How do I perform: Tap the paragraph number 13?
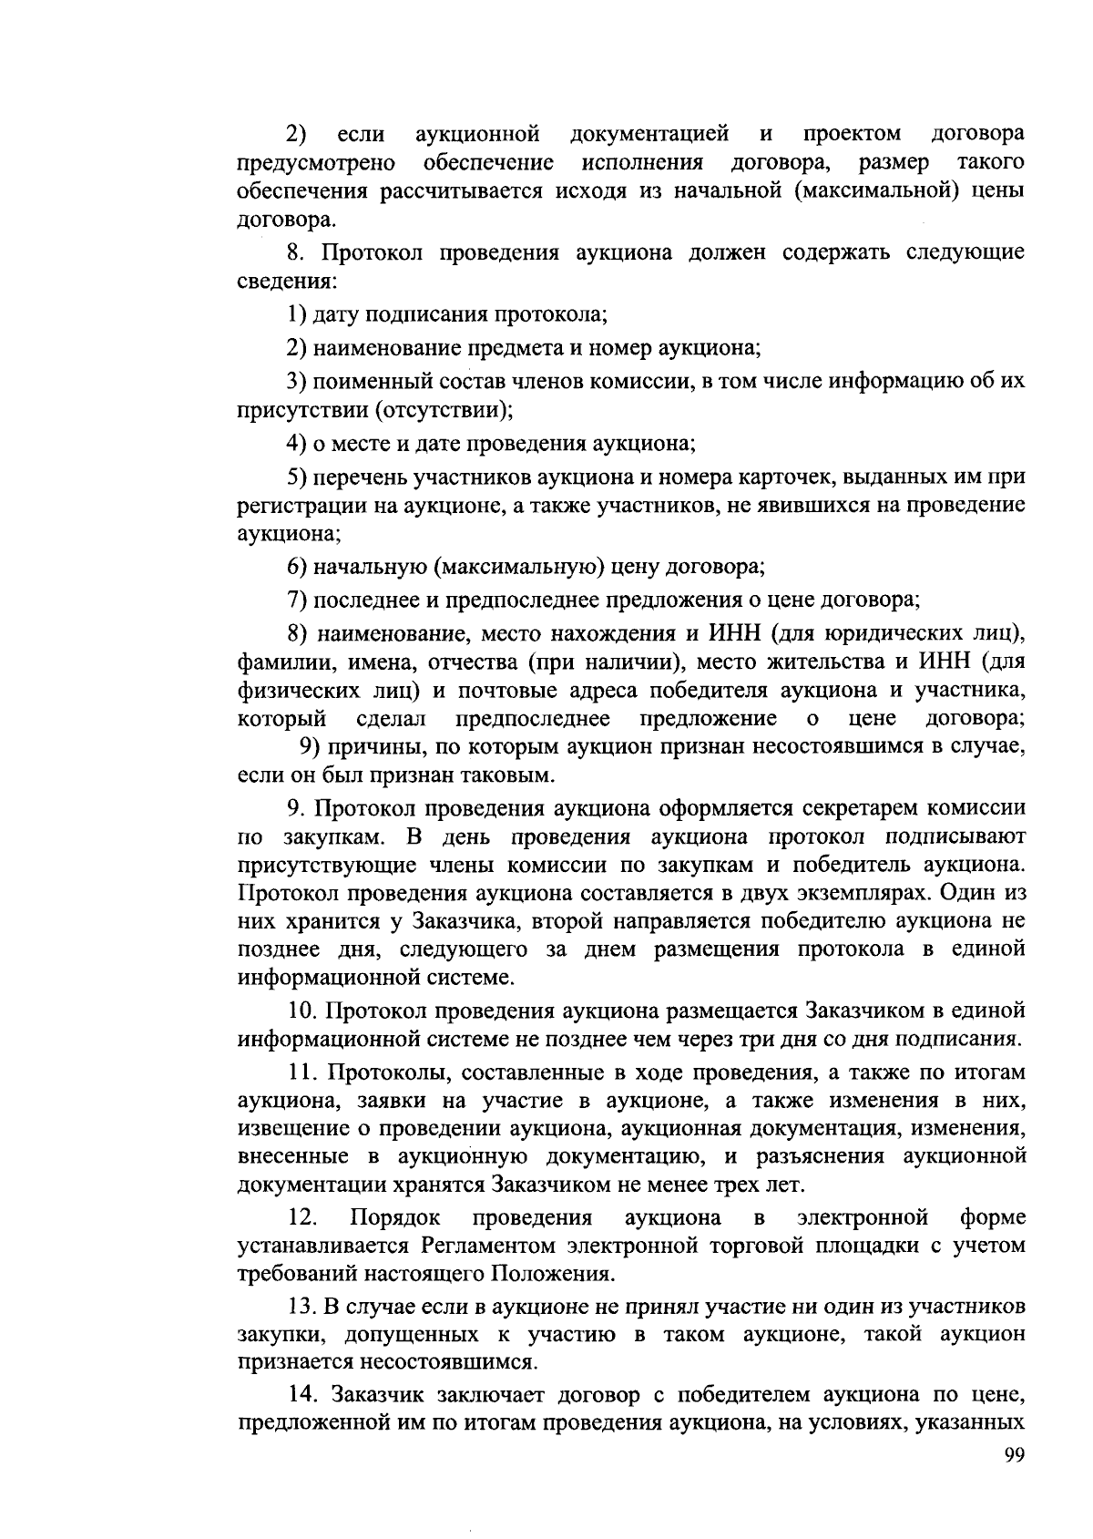pyautogui.click(x=300, y=1307)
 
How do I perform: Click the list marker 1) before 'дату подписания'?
pyautogui.click(x=296, y=315)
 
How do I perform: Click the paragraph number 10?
pyautogui.click(x=301, y=1011)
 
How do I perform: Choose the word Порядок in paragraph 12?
pyautogui.click(x=394, y=1217)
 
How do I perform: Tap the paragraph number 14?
pyautogui.click(x=301, y=1394)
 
